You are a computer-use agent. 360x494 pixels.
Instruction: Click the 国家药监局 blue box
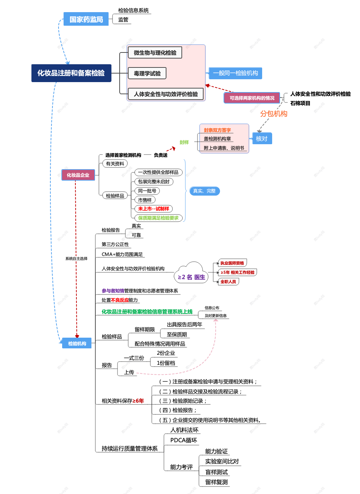86,19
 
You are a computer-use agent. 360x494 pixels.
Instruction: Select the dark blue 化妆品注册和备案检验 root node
71,73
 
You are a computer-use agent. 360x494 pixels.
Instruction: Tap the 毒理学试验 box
147,74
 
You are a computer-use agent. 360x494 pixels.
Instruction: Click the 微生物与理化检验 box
155,53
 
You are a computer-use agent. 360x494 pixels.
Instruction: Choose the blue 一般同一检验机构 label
235,73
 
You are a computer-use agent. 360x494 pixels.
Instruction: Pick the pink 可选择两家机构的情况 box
252,98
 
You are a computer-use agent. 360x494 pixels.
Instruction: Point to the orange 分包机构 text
274,114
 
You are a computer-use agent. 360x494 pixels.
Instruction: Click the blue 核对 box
261,138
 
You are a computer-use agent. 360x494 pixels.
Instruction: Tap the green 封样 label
184,142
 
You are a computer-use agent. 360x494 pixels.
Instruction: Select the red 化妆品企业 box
78,175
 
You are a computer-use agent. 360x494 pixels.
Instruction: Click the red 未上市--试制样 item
154,209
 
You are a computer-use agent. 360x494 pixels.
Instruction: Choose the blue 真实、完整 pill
204,191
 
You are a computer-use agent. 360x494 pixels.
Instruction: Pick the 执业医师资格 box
232,263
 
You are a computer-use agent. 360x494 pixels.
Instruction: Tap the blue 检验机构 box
77,343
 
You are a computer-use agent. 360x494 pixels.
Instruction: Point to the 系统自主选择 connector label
76,258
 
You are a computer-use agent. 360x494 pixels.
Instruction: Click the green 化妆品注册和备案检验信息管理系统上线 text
147,312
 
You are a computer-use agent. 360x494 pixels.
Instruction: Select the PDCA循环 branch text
184,440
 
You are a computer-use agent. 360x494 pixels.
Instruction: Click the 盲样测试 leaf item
216,472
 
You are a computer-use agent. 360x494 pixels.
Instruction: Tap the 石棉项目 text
300,103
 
